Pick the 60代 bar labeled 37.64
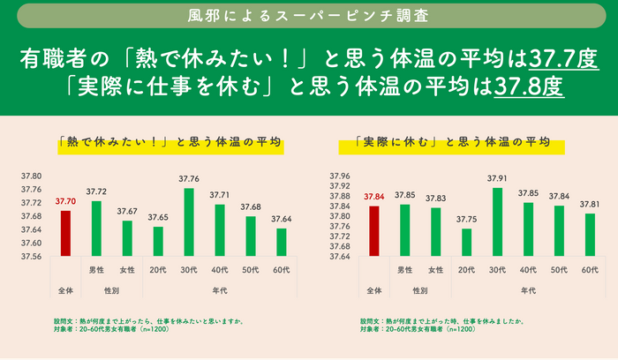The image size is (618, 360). [x=282, y=242]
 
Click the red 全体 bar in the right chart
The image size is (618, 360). [x=373, y=231]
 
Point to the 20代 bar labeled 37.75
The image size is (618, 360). [x=466, y=242]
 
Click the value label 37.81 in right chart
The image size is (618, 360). [x=590, y=205]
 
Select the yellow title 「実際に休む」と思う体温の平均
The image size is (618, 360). [x=451, y=141]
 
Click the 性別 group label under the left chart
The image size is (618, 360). [x=111, y=289]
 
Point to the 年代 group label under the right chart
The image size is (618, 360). [x=528, y=289]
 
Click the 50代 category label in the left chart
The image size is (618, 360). [x=251, y=269]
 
